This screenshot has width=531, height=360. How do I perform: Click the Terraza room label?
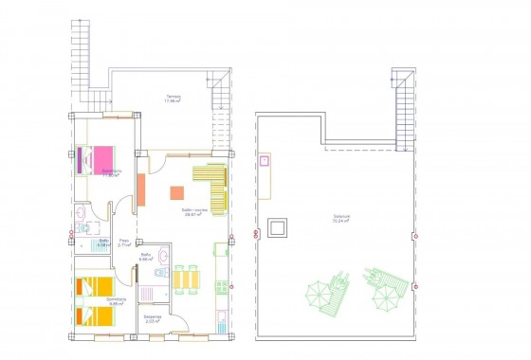tap(174, 99)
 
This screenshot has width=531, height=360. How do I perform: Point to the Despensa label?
tap(154, 317)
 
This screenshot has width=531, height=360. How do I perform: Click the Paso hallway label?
tap(124, 243)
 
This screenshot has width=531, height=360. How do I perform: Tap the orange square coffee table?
tap(176, 192)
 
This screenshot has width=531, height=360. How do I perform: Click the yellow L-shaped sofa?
tap(213, 184)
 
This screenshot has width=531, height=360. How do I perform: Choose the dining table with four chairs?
tap(185, 279)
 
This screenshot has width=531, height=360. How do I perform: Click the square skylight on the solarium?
tap(278, 227)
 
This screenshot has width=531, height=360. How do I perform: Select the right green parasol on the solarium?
tap(387, 299)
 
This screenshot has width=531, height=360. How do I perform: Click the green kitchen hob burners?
tap(220, 251)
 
